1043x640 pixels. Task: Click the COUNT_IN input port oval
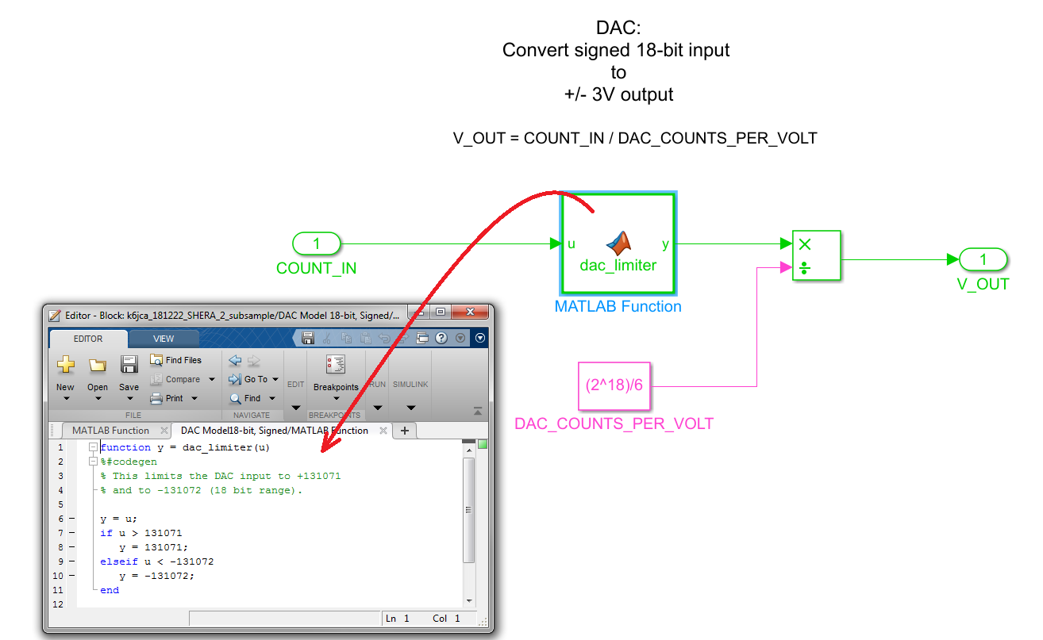[x=317, y=243]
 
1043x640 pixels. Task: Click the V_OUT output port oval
[x=983, y=259]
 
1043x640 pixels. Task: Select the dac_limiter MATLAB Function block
[x=618, y=243]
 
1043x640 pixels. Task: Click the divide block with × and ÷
[x=816, y=256]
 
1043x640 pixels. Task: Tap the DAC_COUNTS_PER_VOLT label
[x=614, y=423]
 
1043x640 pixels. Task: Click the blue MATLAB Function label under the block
[x=618, y=307]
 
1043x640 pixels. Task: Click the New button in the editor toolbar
[x=65, y=373]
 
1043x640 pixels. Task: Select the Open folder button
[x=98, y=373]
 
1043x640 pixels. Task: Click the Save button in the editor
[x=129, y=373]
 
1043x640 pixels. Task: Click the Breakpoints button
[x=336, y=373]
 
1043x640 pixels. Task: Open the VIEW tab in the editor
[x=164, y=339]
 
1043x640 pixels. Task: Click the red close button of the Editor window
[x=471, y=312]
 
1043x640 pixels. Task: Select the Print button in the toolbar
[x=168, y=398]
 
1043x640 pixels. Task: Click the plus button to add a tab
[x=405, y=431]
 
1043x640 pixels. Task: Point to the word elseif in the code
[x=112, y=561]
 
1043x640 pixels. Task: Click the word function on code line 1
[x=125, y=447]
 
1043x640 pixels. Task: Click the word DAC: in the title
[x=618, y=29]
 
